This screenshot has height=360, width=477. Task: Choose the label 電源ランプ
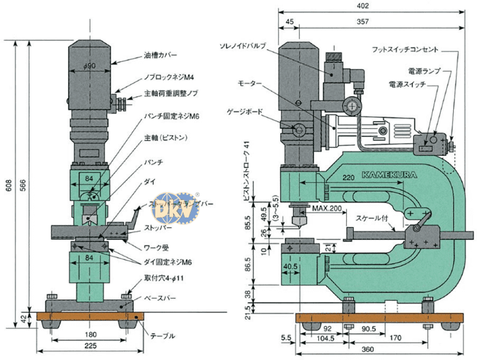click(423, 71)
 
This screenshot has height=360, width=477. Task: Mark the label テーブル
click(161, 335)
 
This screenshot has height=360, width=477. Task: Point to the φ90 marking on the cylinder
click(89, 65)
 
